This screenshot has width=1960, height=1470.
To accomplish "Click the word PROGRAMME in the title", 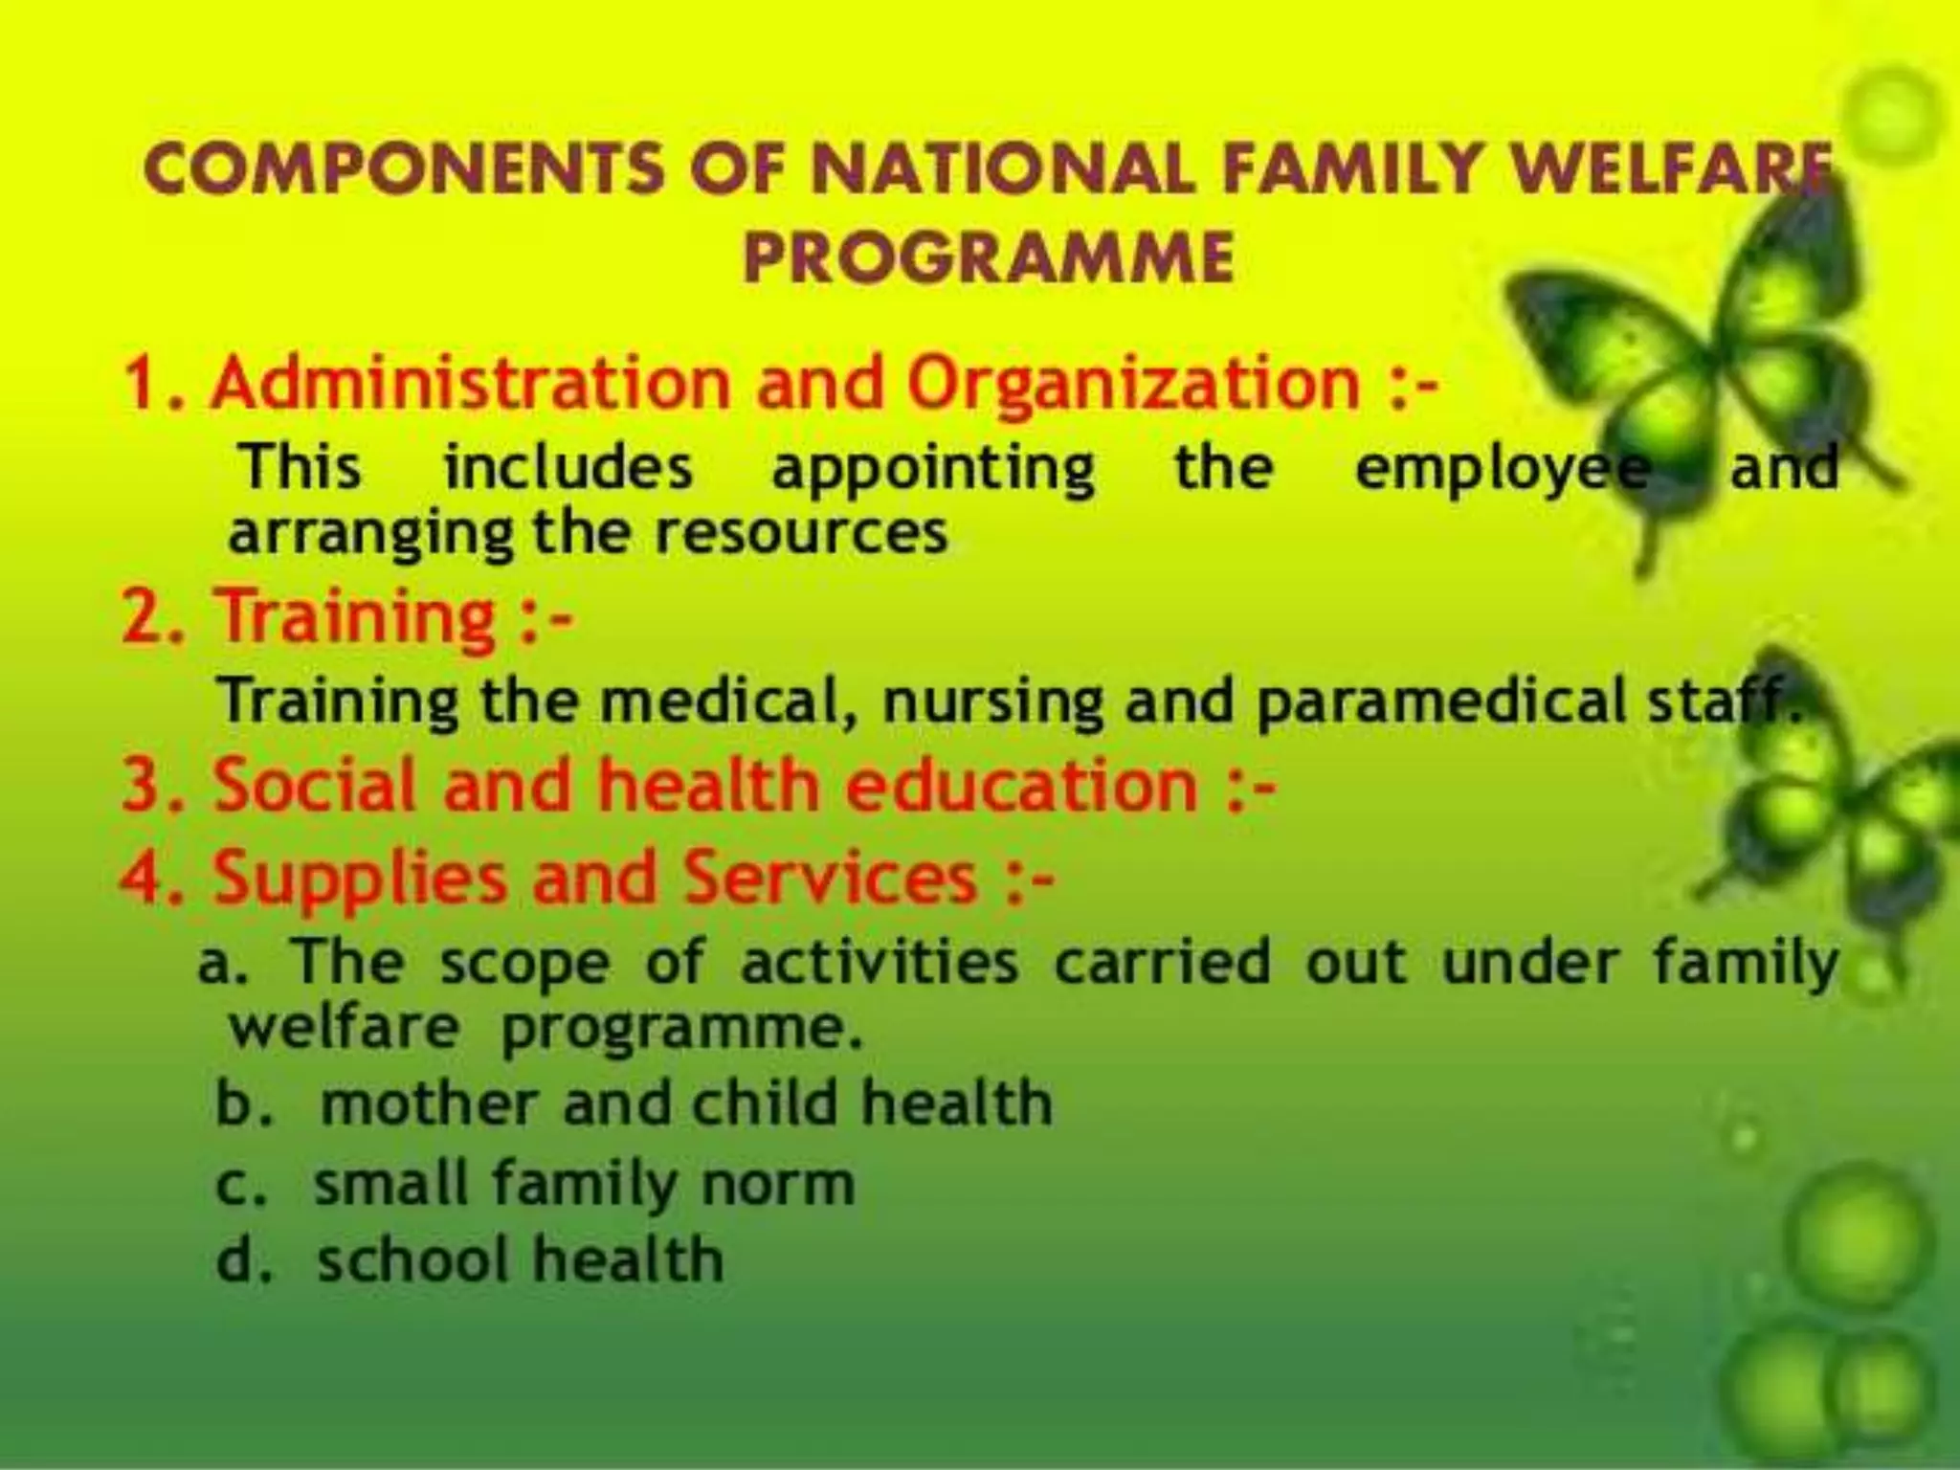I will click(x=989, y=257).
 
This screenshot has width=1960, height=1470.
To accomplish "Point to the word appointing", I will click(x=933, y=470).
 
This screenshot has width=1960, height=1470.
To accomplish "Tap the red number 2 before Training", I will click(x=144, y=617).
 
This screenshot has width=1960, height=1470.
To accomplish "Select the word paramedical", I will click(x=1440, y=702).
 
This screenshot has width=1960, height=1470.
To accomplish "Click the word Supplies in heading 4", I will click(x=359, y=878).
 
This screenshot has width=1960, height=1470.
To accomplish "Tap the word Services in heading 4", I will click(x=831, y=878).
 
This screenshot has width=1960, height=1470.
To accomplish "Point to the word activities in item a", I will click(x=879, y=963).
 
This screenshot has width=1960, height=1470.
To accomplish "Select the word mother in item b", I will click(x=428, y=1103).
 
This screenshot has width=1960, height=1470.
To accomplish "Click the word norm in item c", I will click(x=778, y=1185).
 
